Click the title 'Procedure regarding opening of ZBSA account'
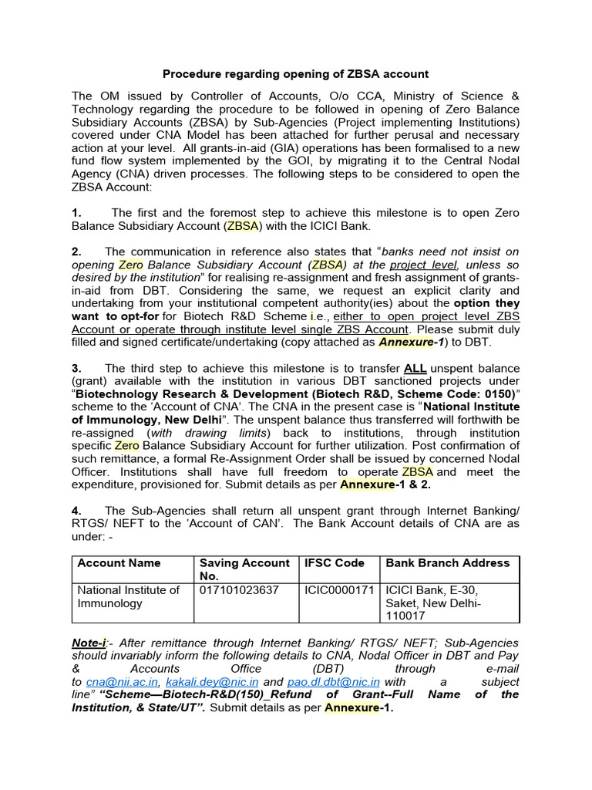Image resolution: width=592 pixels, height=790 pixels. click(295, 74)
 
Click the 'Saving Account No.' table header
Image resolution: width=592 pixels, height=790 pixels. click(244, 569)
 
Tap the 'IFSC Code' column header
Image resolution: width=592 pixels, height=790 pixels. click(335, 563)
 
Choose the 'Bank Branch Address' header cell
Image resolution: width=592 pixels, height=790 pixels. click(447, 563)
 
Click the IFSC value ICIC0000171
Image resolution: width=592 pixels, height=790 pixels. click(339, 590)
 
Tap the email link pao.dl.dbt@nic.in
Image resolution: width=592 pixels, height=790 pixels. click(333, 683)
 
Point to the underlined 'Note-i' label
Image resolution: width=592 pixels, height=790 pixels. click(89, 643)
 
